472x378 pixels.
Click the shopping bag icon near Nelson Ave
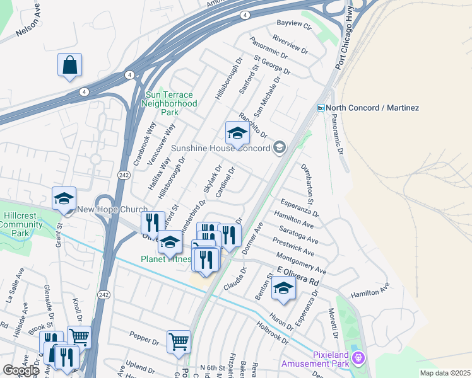69,65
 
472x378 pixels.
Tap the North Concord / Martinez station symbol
321,108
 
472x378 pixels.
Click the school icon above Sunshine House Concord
237,134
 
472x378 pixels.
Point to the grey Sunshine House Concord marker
279,148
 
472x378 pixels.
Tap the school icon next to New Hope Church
64,198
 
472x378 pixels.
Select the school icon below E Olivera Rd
283,289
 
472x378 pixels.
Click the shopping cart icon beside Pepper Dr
179,341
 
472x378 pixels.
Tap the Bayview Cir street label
294,25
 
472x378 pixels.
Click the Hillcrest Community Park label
23,224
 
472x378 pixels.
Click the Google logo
20,370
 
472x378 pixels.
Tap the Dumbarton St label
310,181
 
